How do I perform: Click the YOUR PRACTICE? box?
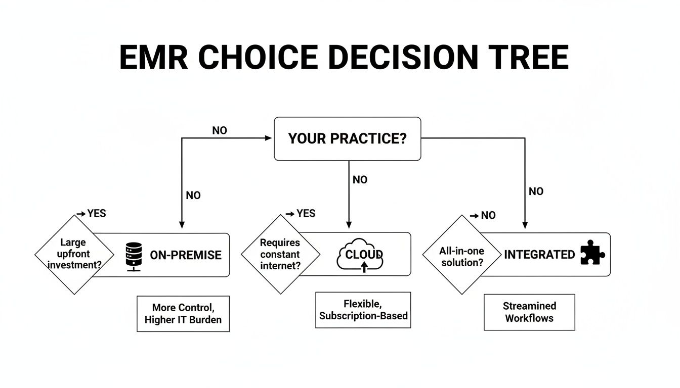pyautogui.click(x=347, y=139)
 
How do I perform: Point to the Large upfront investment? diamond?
pyautogui.click(x=74, y=254)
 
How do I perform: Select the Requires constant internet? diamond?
pyautogui.click(x=280, y=254)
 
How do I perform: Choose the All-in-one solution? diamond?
pyautogui.click(x=461, y=254)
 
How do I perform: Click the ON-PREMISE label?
pyautogui.click(x=186, y=255)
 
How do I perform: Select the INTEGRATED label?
pyautogui.click(x=539, y=255)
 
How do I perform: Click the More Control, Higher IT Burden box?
pyautogui.click(x=183, y=314)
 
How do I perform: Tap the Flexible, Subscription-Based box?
pyautogui.click(x=363, y=310)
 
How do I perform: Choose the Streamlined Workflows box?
pyautogui.click(x=529, y=312)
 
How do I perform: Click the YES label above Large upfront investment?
pyautogui.click(x=96, y=213)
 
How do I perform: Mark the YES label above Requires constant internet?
pyautogui.click(x=306, y=213)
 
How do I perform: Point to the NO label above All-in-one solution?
pyautogui.click(x=488, y=215)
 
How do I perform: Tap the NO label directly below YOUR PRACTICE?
pyautogui.click(x=360, y=180)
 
